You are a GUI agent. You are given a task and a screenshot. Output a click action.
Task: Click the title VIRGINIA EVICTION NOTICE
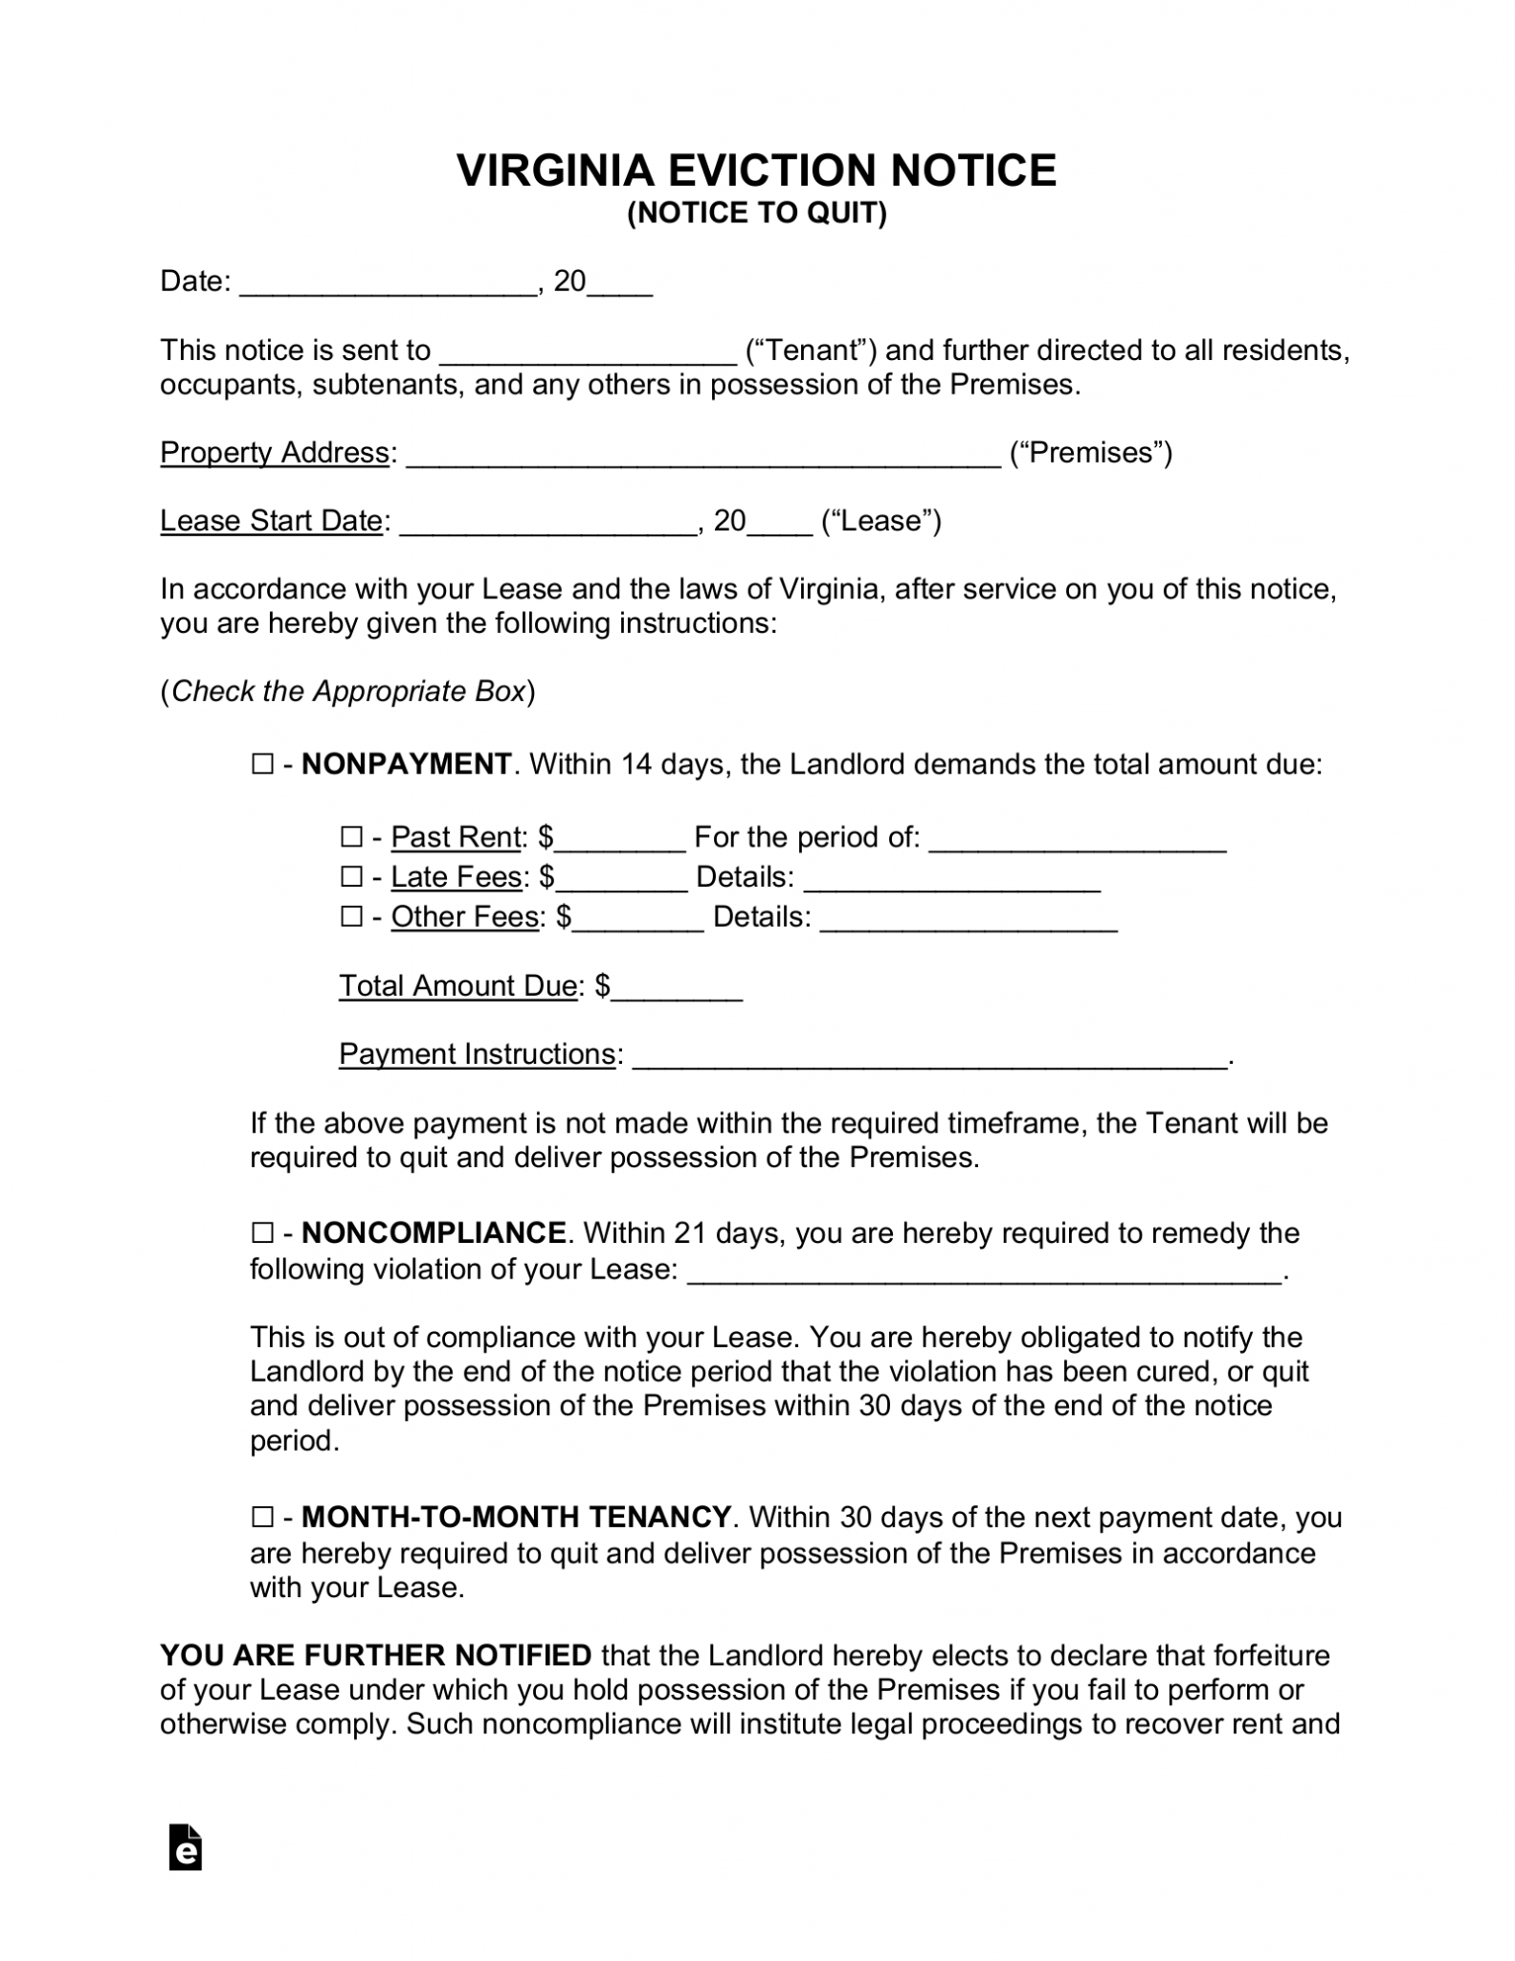coord(756,170)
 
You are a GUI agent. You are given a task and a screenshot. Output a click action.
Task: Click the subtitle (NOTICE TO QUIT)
coord(756,213)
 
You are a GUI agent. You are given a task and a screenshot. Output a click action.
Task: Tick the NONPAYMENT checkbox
coord(261,764)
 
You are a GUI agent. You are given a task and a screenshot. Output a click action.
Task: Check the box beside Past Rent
coord(351,837)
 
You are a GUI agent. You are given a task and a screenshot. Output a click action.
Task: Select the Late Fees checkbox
coord(351,876)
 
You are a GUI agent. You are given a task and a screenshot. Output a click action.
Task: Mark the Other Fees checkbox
coord(351,916)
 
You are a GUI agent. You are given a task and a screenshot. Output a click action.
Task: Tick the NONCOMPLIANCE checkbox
coord(261,1232)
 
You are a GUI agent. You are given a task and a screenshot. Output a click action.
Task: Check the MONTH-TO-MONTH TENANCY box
coord(261,1517)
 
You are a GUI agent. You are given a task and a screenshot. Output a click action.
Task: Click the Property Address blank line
coord(703,456)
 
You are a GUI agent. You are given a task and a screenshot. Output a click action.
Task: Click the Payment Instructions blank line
coord(928,1058)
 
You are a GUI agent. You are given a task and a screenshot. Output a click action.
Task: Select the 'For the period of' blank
coord(1078,842)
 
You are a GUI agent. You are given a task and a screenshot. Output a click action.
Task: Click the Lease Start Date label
coord(271,521)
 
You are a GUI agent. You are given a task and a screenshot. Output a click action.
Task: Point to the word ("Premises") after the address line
coord(1091,452)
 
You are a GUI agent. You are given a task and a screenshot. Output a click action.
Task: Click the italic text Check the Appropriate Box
coord(347,691)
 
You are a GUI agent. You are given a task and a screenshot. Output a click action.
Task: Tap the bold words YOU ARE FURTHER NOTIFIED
coord(376,1655)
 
